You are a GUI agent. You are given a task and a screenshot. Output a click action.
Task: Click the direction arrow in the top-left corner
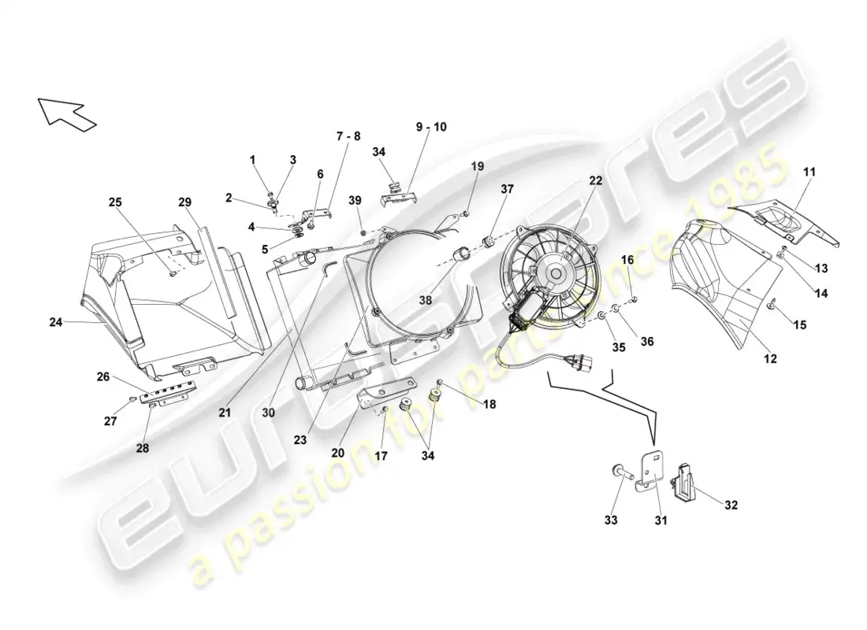[66, 114]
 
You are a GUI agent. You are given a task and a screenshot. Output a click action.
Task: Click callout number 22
[595, 180]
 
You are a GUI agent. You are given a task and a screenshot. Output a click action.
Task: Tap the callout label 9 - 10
[431, 127]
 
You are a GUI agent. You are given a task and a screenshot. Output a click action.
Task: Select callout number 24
[56, 321]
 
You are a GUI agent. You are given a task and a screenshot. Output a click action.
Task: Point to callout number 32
[731, 505]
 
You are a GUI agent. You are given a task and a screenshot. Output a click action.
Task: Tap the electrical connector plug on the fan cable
[579, 363]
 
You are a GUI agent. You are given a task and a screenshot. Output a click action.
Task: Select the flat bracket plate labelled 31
[651, 472]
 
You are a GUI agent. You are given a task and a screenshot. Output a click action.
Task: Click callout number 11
[809, 172]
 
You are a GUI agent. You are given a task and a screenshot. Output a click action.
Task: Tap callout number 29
[184, 202]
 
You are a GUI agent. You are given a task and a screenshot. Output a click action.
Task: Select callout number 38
[425, 301]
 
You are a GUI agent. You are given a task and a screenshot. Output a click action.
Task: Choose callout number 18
[489, 405]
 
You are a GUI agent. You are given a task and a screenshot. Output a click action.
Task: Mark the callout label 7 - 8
[348, 136]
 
